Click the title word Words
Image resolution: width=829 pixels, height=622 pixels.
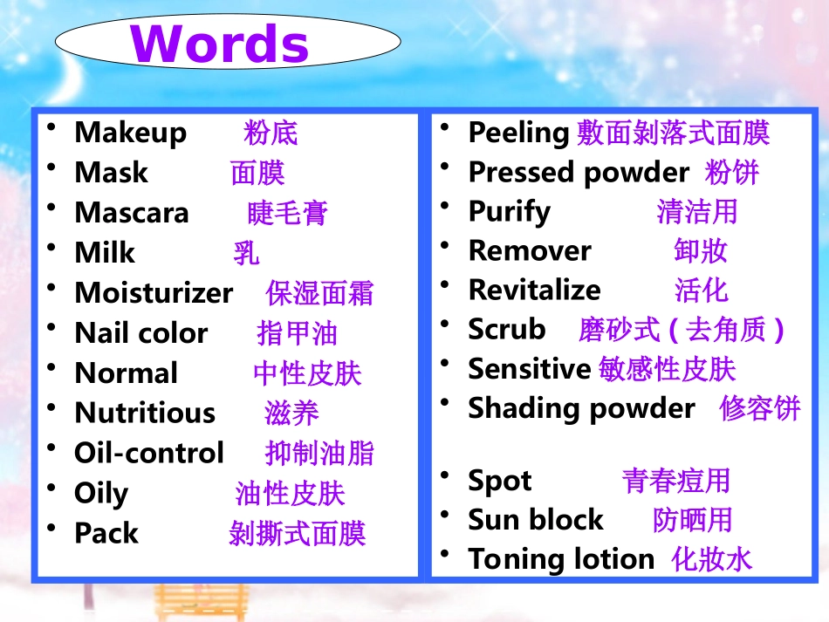pos(220,44)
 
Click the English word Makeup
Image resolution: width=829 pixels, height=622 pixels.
pos(130,133)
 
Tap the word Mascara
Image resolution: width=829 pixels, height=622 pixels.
pos(131,213)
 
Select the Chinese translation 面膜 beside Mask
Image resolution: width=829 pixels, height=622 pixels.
pos(257,173)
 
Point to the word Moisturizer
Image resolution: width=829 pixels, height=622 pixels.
pos(154,293)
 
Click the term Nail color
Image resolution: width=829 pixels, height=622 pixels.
pos(140,333)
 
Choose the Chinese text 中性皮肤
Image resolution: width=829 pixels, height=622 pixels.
pos(307,373)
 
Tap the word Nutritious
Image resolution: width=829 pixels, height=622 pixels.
pos(144,413)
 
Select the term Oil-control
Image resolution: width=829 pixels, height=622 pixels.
pos(148,454)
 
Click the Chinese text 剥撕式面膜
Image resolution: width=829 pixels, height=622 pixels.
pos(297,533)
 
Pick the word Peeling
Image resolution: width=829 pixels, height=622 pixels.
pos(518,133)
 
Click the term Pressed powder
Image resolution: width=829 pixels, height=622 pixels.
pos(578,173)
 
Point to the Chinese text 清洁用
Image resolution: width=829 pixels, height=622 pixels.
pos(696,211)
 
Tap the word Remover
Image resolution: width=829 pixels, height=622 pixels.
pos(530,250)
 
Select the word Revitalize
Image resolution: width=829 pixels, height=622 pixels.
pos(534,290)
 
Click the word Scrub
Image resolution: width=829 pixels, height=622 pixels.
pos(506,329)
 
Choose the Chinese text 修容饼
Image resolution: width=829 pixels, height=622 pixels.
pos(759,408)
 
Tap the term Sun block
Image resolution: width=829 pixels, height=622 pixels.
pos(535,520)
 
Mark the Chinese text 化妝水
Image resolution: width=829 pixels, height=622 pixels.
pos(711,559)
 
